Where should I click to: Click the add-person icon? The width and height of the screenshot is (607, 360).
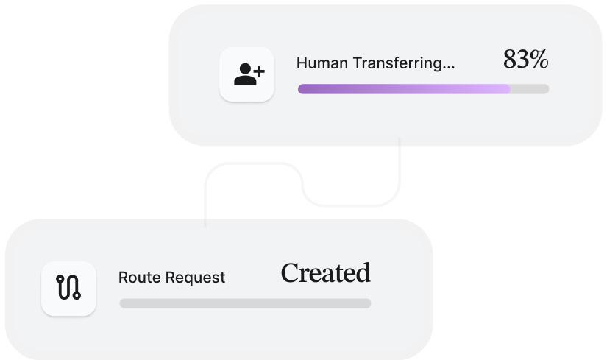pos(249,74)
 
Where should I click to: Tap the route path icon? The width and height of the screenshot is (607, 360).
pos(68,287)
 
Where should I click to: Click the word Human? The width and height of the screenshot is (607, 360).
pos(322,63)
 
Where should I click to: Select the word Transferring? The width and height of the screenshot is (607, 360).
pos(397,63)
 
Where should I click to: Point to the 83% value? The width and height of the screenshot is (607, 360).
pos(525,60)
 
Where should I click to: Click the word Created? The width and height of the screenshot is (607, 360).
pos(325,272)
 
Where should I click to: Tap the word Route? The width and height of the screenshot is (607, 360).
pos(139,278)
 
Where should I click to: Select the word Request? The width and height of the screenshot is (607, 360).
pos(195,278)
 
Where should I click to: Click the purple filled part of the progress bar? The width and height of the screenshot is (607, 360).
pos(404,89)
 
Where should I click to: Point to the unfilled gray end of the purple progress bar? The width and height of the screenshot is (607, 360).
pos(530,89)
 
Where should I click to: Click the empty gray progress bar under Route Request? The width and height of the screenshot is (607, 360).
pos(246,303)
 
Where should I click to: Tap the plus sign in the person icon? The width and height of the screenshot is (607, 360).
pos(259,71)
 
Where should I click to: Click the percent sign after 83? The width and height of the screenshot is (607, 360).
pos(539,60)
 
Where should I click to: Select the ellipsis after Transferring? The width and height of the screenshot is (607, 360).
pos(448,68)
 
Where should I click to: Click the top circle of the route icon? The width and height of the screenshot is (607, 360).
pos(60,278)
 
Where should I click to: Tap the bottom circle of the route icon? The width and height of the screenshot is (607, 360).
pos(77,296)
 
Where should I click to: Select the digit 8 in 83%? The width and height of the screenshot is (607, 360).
pos(509,60)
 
